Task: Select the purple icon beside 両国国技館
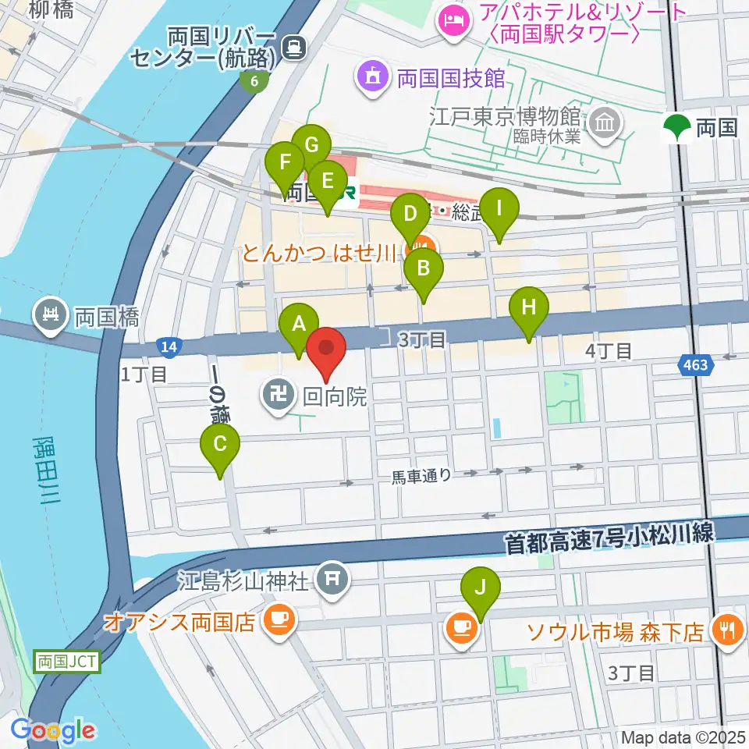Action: coord(371,77)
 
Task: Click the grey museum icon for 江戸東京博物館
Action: coord(605,121)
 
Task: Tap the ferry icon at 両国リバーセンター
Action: coord(293,48)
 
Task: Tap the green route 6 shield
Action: coord(254,80)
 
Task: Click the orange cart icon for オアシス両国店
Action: coord(279,621)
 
